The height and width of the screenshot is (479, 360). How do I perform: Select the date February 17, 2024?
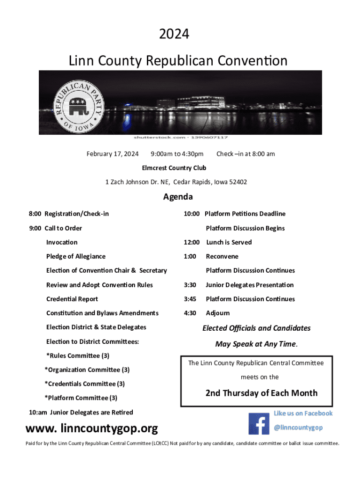pyautogui.click(x=113, y=154)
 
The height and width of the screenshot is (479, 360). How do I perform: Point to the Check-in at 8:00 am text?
pyautogui.click(x=245, y=154)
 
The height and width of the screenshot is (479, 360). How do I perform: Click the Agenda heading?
pyautogui.click(x=178, y=197)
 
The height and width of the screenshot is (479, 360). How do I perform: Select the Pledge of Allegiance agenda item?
pyautogui.click(x=76, y=256)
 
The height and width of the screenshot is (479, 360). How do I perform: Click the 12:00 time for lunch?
pyautogui.click(x=192, y=242)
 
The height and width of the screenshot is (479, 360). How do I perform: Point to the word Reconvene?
pyautogui.click(x=222, y=256)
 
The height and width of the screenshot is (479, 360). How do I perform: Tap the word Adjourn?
pyautogui.click(x=218, y=313)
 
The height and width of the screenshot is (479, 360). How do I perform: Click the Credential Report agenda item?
pyautogui.click(x=72, y=299)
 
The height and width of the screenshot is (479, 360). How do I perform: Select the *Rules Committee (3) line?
pyautogui.click(x=78, y=356)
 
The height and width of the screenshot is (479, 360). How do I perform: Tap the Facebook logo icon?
pyautogui.click(x=259, y=423)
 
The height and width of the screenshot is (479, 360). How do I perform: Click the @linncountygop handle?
pyautogui.click(x=298, y=428)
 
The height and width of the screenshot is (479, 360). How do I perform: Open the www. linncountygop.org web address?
pyautogui.click(x=92, y=428)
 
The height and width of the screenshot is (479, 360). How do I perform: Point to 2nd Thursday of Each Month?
pyautogui.click(x=261, y=393)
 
